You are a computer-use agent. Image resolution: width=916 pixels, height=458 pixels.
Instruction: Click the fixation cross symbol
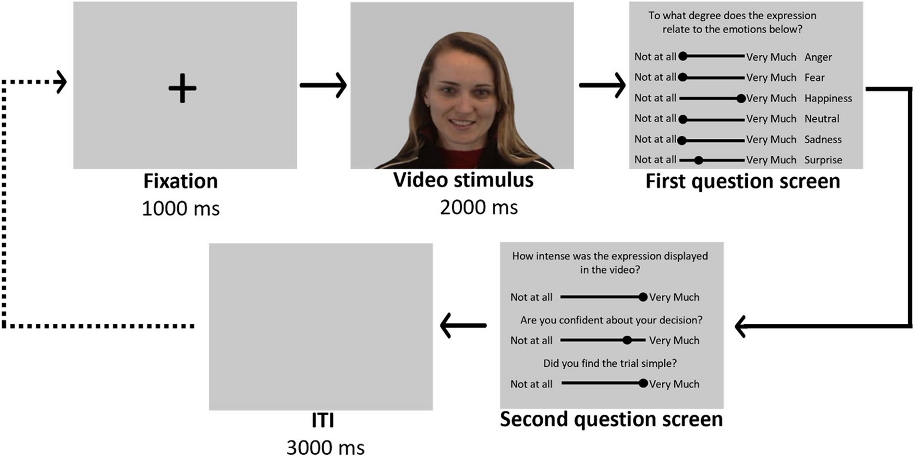point(182,88)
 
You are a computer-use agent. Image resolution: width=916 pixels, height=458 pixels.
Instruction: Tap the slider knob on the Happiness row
point(741,98)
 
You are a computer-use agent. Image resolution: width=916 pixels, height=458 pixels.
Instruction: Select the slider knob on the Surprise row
point(699,161)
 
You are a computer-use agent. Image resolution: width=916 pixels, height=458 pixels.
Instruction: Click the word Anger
point(818,58)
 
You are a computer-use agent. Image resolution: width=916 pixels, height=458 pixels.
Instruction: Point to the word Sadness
point(823,139)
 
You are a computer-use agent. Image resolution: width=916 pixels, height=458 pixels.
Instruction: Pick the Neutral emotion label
point(822,119)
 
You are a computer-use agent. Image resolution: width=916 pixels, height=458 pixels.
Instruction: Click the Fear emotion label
point(815,78)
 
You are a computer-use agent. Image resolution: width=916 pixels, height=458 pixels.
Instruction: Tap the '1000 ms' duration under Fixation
point(181,209)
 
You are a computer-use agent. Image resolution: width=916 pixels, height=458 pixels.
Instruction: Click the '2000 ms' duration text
point(478,208)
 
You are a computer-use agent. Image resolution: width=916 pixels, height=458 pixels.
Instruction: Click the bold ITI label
point(323,421)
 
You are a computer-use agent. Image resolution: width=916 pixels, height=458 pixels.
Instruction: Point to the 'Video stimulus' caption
point(463,180)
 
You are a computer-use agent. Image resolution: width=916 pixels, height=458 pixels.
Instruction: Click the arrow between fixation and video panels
point(323,84)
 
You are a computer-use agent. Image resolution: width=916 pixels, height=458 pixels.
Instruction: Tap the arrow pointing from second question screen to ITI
point(462,325)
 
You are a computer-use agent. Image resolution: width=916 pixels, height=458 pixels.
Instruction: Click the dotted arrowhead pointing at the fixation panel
point(61,82)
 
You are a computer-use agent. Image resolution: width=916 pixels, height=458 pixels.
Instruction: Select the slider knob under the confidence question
point(627,340)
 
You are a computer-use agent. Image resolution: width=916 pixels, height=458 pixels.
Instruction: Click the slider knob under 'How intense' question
point(643,297)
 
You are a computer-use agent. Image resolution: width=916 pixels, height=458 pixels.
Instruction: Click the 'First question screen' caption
point(743,181)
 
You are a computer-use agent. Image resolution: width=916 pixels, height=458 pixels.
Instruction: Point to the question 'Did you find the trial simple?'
point(609,363)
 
